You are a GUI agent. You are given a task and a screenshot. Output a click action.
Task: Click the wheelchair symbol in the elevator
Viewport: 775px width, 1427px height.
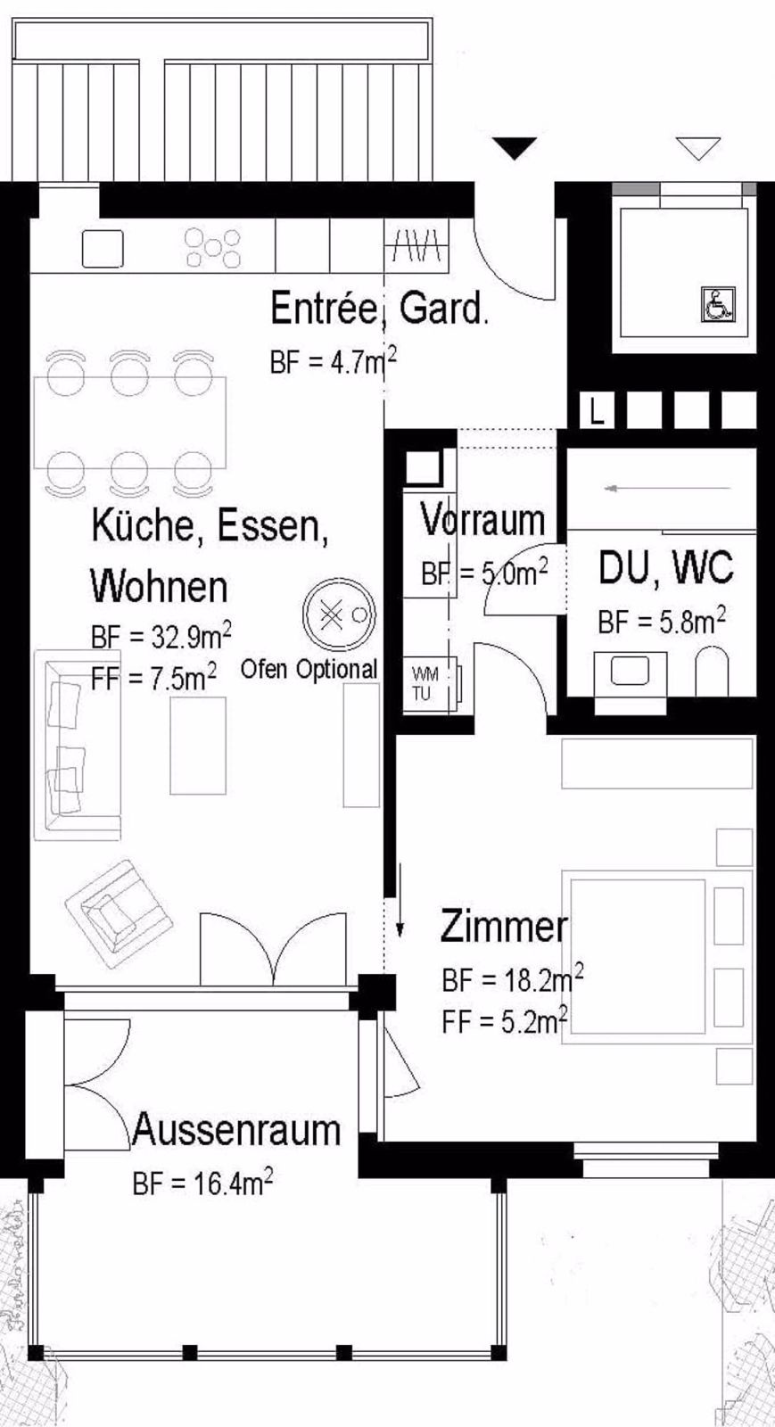(718, 304)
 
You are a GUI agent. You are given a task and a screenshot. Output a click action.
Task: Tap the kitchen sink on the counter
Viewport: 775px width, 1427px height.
(103, 249)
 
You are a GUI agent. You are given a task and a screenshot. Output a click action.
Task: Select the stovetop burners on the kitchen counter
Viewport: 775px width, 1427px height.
(213, 248)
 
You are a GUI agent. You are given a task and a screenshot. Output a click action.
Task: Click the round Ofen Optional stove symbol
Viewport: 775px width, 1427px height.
(339, 615)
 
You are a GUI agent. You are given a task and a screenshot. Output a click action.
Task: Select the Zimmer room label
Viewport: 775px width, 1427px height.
(503, 927)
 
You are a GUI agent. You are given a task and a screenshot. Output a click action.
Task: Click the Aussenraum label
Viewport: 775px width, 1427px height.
(236, 1130)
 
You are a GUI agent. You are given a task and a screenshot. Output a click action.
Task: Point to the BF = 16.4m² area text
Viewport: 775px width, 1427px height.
(202, 1184)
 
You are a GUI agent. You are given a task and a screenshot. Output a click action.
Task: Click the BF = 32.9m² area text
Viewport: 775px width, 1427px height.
(161, 636)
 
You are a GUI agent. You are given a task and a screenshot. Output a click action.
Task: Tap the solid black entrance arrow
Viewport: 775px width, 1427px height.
(514, 148)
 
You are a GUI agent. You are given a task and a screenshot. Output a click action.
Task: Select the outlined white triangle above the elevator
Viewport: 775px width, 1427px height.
(697, 147)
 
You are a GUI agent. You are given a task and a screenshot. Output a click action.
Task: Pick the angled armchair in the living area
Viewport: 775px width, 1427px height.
(119, 912)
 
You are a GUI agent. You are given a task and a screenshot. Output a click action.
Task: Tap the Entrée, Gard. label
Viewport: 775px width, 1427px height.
(379, 309)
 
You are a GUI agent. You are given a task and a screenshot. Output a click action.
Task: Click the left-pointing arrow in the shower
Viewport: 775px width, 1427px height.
(642, 489)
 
